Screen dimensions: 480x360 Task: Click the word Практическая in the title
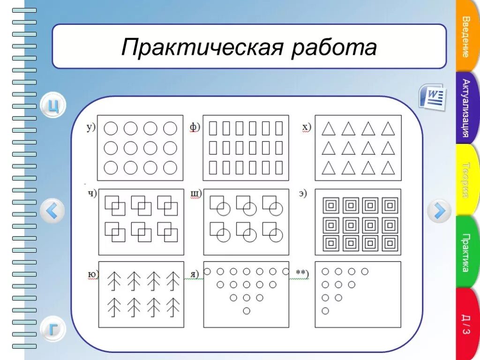point(202,48)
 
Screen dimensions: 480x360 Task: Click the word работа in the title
point(333,48)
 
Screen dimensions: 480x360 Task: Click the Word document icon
point(432,97)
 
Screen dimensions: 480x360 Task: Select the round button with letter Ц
point(53,105)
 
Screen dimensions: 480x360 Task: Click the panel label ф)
point(195,127)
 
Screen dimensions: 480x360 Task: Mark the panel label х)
point(306,127)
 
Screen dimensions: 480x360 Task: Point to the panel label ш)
point(195,193)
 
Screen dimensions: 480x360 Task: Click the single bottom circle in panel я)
point(247,310)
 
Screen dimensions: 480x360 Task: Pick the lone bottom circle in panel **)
point(325,310)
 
